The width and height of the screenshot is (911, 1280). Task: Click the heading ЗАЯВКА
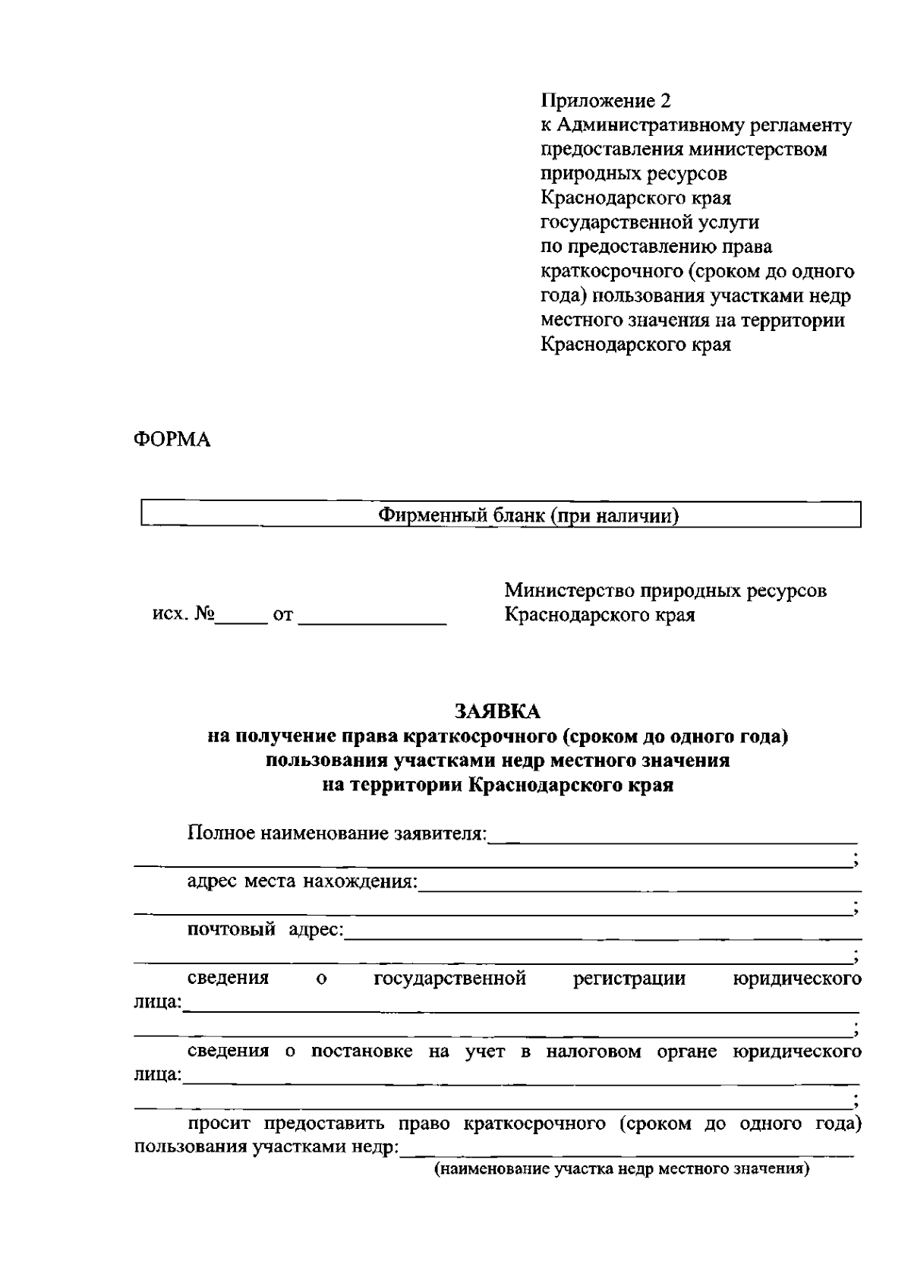[498, 711]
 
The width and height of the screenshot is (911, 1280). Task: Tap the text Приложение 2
[606, 101]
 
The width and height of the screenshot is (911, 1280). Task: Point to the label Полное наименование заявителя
[336, 833]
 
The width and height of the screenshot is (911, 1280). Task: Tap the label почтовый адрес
[266, 929]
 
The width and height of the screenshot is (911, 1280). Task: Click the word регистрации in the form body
[629, 978]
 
